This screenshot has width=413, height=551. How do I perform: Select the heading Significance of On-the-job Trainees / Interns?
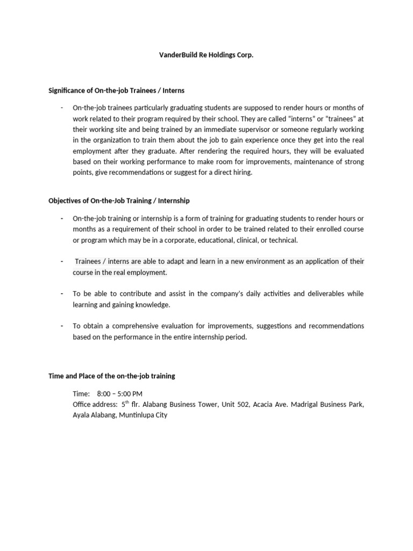pos(117,90)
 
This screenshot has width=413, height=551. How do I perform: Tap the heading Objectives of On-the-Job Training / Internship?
pos(119,201)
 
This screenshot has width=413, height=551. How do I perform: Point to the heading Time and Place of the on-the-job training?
pos(111,376)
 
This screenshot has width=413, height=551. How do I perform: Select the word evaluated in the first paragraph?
pos(347,151)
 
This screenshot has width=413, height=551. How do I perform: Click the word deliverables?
pos(321,294)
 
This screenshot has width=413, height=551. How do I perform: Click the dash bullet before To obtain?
pos(62,326)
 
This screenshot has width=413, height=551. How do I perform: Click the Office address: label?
pos(95,405)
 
